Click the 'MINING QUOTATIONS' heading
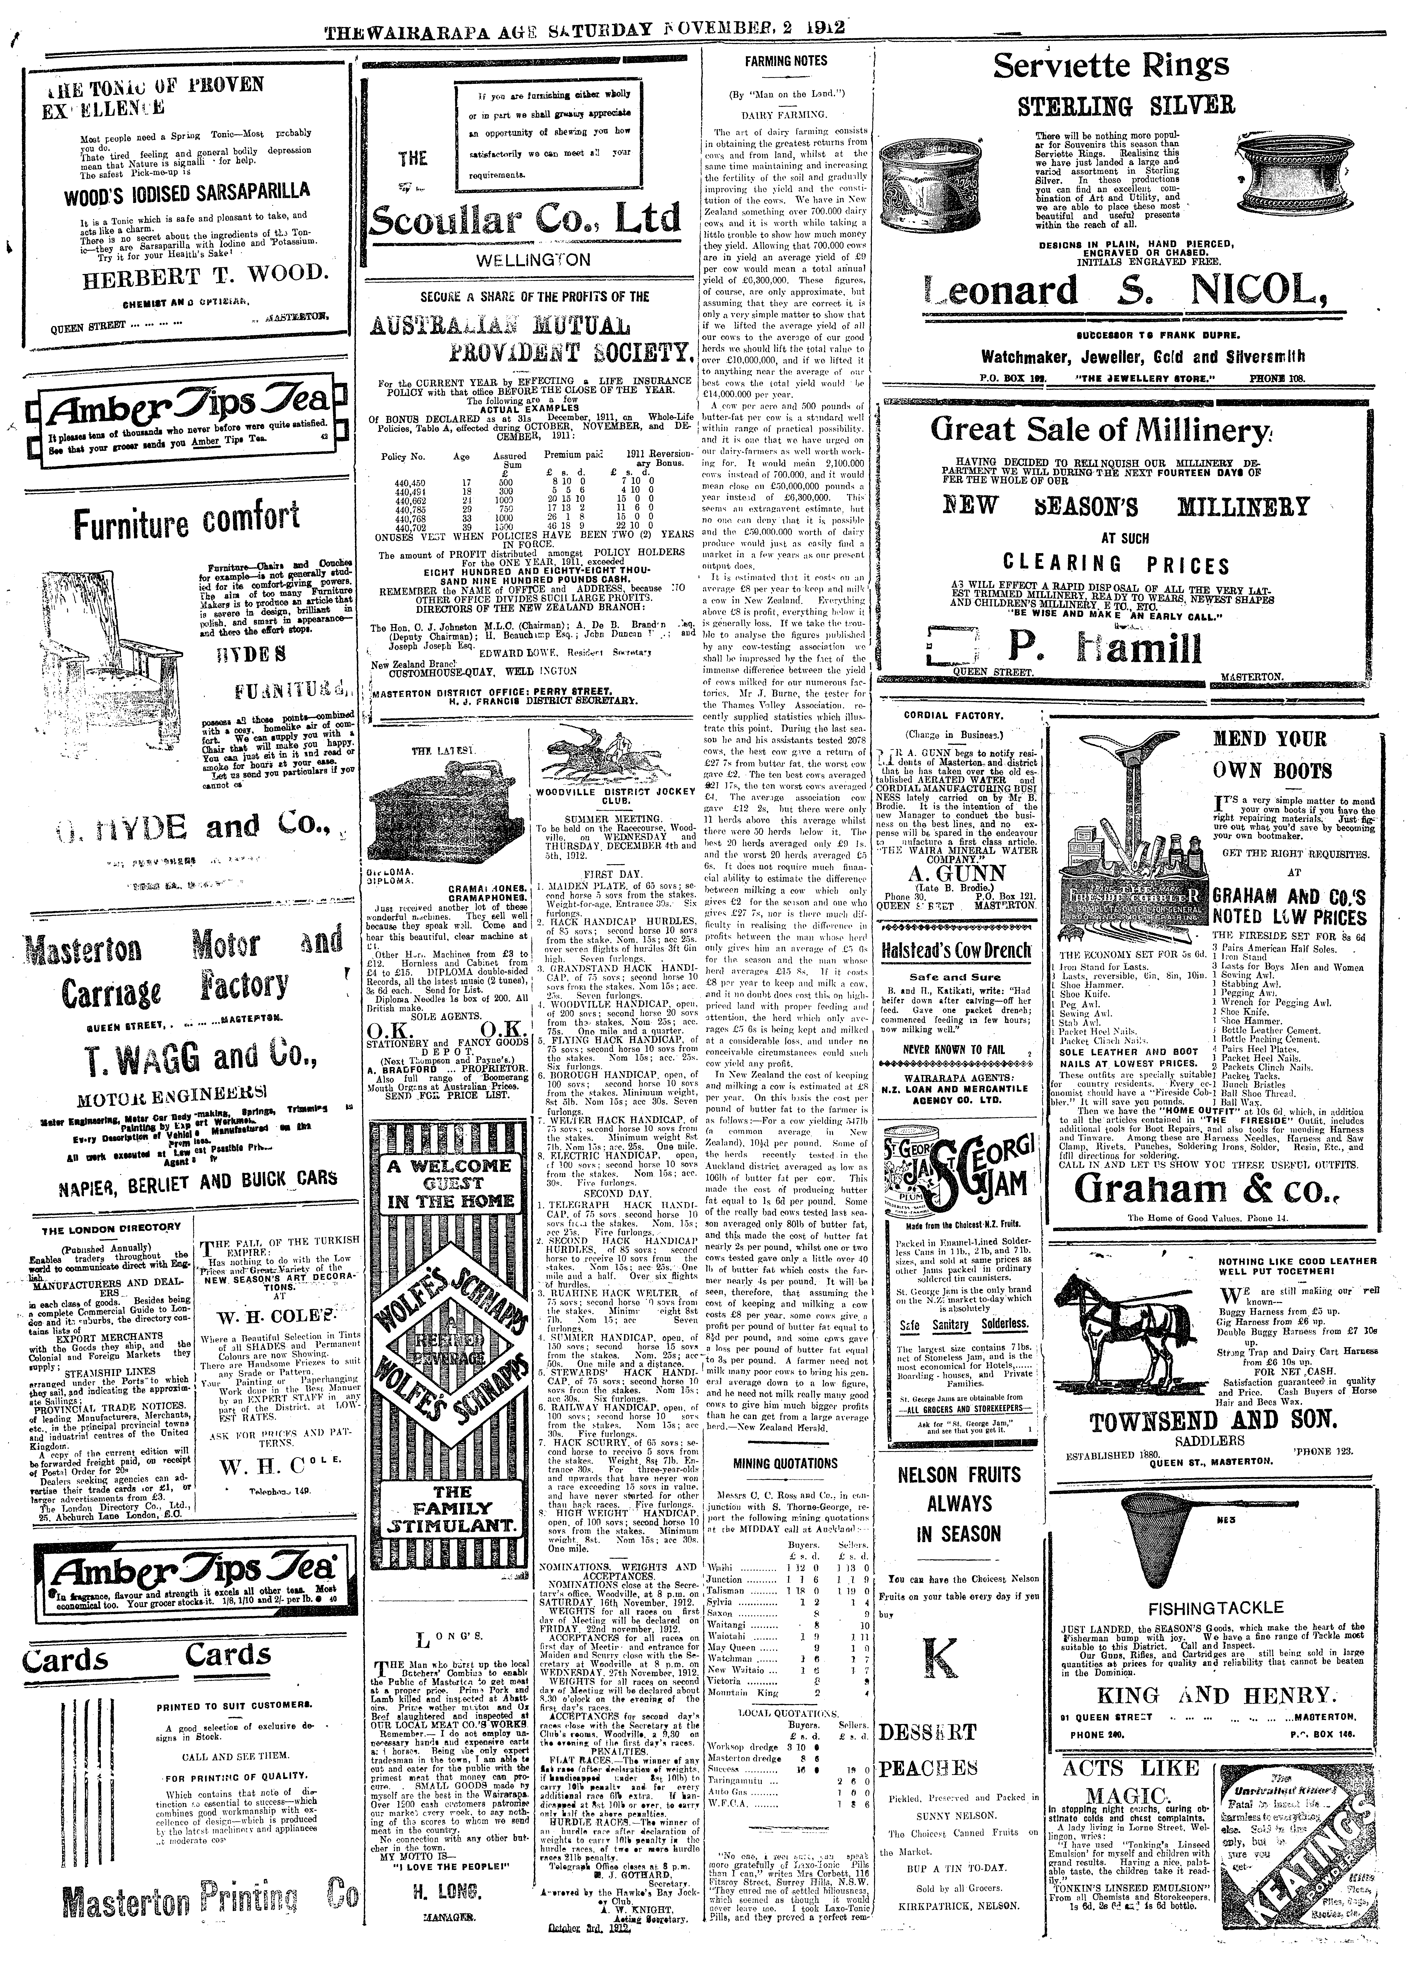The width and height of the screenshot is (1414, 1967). point(785,1463)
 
